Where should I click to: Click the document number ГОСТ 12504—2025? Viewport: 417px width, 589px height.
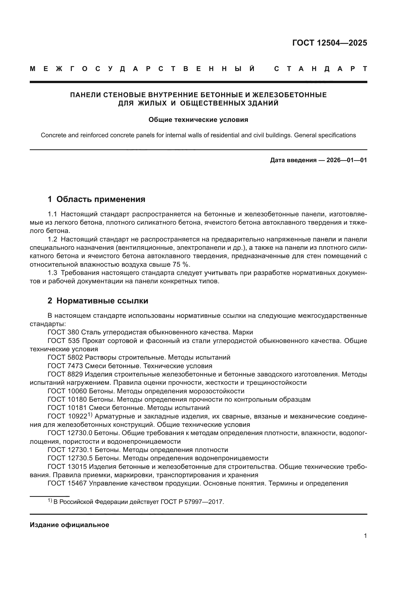click(330, 43)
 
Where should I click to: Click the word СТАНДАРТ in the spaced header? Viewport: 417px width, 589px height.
click(320, 69)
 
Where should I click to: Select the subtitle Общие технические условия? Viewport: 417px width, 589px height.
click(198, 120)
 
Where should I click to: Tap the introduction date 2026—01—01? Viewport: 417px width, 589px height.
click(347, 160)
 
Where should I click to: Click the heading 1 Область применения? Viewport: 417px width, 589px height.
click(97, 199)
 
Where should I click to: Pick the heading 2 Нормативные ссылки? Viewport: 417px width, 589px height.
click(98, 301)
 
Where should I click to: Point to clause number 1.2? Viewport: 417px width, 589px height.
click(52, 239)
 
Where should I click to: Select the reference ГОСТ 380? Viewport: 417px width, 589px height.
click(63, 332)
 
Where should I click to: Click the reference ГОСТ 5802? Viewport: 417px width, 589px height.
click(65, 357)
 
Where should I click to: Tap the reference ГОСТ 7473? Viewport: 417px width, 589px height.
click(65, 366)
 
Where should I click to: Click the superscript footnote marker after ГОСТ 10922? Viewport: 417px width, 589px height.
click(90, 415)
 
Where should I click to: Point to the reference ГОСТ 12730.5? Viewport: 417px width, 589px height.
click(70, 458)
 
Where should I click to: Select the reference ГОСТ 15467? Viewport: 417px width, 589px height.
click(67, 483)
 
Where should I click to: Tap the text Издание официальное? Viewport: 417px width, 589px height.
click(69, 525)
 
